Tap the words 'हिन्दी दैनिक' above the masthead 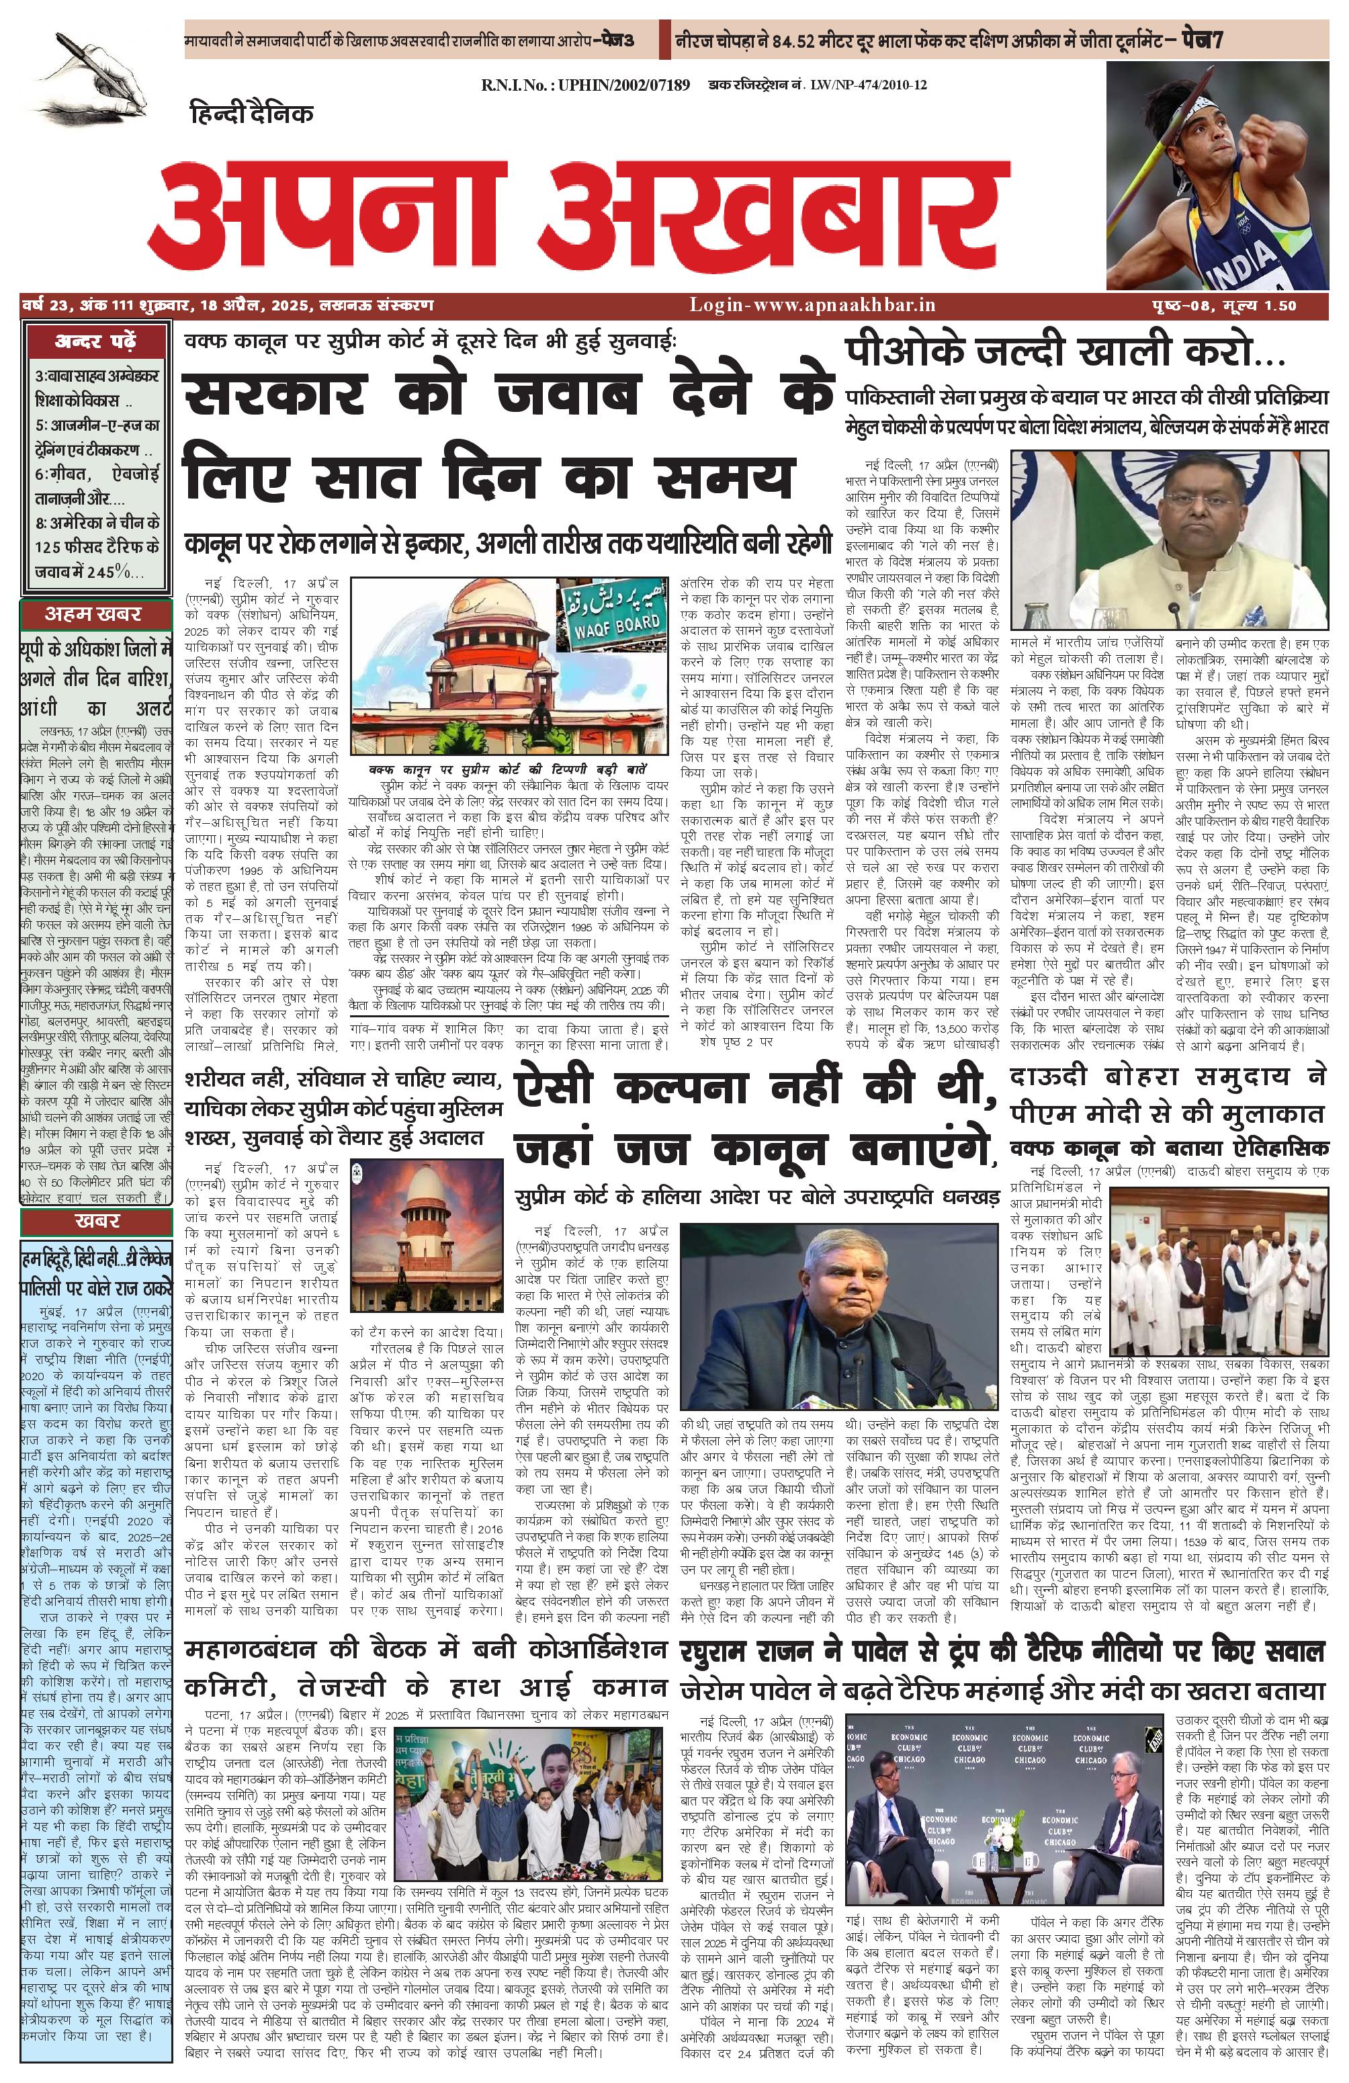[x=252, y=113]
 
